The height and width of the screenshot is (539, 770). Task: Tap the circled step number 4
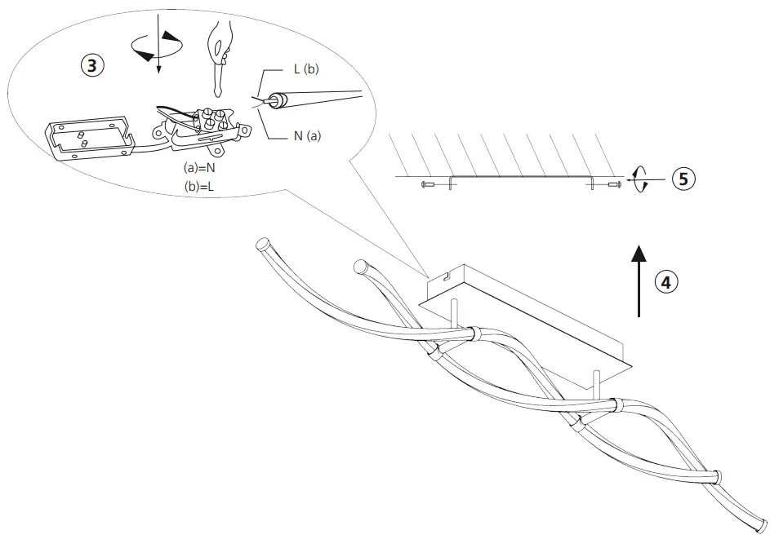click(666, 282)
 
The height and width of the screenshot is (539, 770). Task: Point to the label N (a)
click(307, 136)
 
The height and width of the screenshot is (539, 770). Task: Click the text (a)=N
click(200, 167)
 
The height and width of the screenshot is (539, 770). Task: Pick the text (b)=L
click(200, 187)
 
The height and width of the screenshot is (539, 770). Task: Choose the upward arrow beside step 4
click(639, 278)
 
